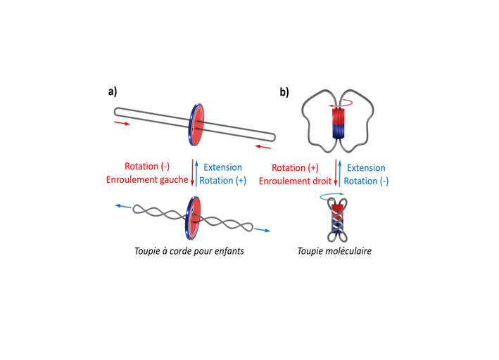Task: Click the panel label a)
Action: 113,91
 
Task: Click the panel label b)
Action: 284,92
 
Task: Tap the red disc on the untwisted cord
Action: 196,124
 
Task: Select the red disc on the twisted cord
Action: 193,218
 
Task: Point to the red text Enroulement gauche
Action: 147,180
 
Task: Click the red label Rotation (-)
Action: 147,167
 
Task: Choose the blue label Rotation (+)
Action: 223,181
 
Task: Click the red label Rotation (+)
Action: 295,167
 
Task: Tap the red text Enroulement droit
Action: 295,181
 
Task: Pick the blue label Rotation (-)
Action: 366,181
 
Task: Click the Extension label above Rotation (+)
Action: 223,167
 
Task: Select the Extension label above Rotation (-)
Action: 366,167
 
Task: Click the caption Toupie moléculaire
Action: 334,251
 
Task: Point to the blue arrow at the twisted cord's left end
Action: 123,207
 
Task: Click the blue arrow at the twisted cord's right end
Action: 263,230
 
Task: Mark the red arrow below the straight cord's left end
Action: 122,123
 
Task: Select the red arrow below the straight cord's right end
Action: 263,147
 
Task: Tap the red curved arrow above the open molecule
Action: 341,103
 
